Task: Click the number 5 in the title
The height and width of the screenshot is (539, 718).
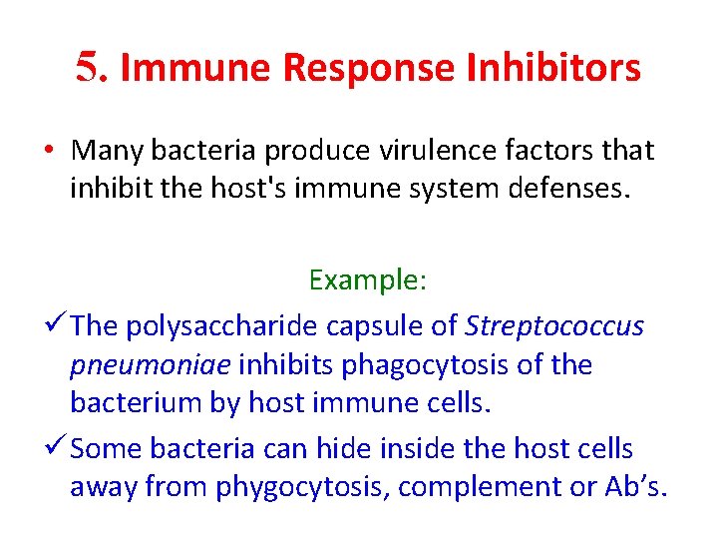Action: click(91, 67)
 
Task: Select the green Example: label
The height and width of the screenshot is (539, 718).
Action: click(368, 279)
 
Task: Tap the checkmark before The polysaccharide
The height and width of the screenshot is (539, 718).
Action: click(57, 325)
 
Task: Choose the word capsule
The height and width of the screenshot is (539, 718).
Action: click(376, 326)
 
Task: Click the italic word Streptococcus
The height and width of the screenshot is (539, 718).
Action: click(554, 326)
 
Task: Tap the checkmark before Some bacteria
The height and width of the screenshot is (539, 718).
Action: click(57, 448)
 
